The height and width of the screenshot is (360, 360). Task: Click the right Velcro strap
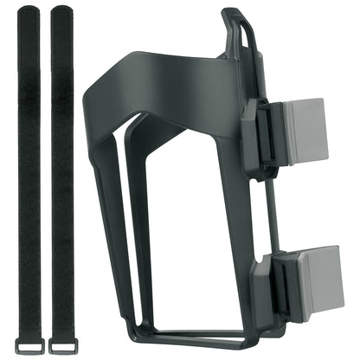click(x=62, y=173)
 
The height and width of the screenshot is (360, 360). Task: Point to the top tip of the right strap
click(x=62, y=10)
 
